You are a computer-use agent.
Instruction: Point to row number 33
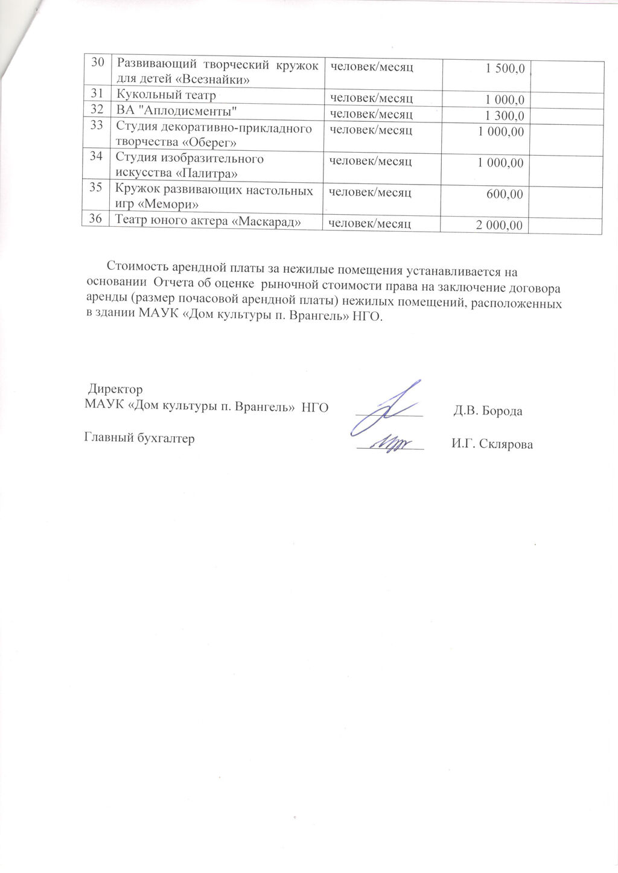97,127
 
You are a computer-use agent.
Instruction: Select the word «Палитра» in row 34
209,174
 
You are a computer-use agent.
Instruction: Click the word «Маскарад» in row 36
267,222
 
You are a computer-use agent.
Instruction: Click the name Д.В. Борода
487,411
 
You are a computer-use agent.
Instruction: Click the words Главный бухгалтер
138,439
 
